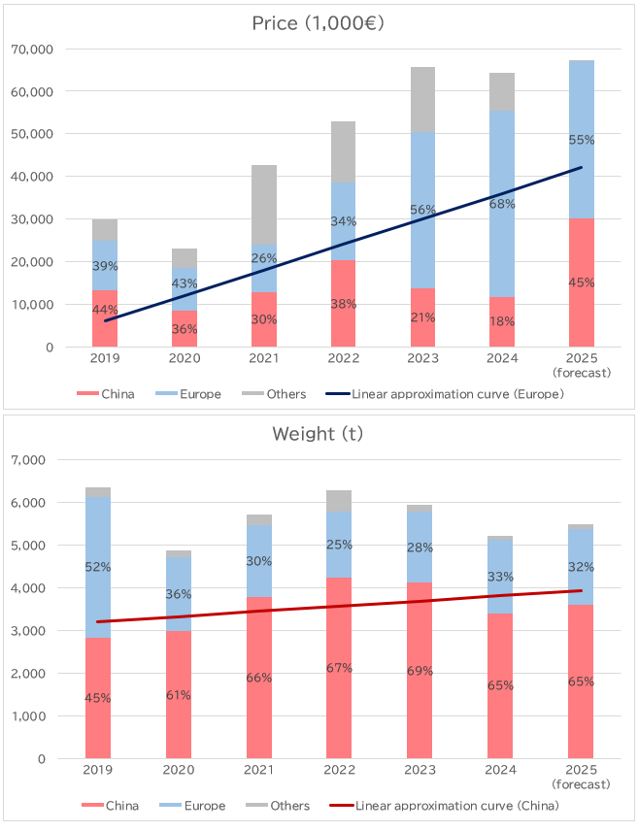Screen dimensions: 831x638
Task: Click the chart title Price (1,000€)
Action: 319,23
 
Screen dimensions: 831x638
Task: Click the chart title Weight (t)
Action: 319,433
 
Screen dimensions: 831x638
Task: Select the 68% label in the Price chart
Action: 502,204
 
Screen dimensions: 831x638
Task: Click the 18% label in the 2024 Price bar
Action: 502,321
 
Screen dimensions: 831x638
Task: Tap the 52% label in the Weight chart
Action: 98,567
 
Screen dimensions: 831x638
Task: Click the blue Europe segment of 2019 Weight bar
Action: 98,602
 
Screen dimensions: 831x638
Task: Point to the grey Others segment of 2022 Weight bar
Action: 339,501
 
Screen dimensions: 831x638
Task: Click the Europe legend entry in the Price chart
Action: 199,394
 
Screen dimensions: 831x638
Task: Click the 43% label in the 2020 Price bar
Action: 185,283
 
